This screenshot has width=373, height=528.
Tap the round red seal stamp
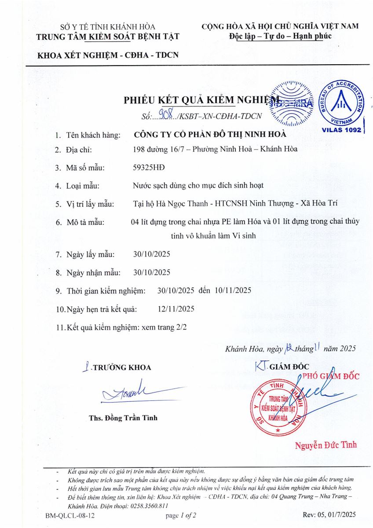[278, 407]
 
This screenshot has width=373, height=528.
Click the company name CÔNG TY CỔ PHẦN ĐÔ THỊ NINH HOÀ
[209, 134]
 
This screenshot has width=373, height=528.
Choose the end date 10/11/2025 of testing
[233, 290]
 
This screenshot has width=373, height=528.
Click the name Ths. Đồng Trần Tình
[123, 418]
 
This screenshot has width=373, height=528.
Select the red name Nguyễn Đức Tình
[326, 445]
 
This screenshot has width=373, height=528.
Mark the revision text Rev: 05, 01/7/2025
[329, 514]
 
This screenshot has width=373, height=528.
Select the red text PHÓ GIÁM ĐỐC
[331, 376]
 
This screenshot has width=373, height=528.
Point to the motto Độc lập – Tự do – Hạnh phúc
[280, 36]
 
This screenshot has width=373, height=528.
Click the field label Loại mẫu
[83, 186]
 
